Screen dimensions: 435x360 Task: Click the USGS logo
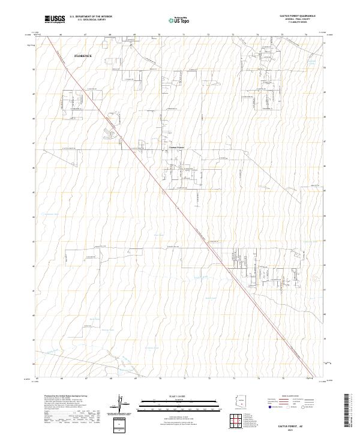pos(55,19)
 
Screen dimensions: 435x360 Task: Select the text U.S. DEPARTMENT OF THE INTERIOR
pos(91,17)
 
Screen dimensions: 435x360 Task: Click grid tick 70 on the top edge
pos(160,35)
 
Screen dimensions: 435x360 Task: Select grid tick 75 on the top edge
pos(282,35)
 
